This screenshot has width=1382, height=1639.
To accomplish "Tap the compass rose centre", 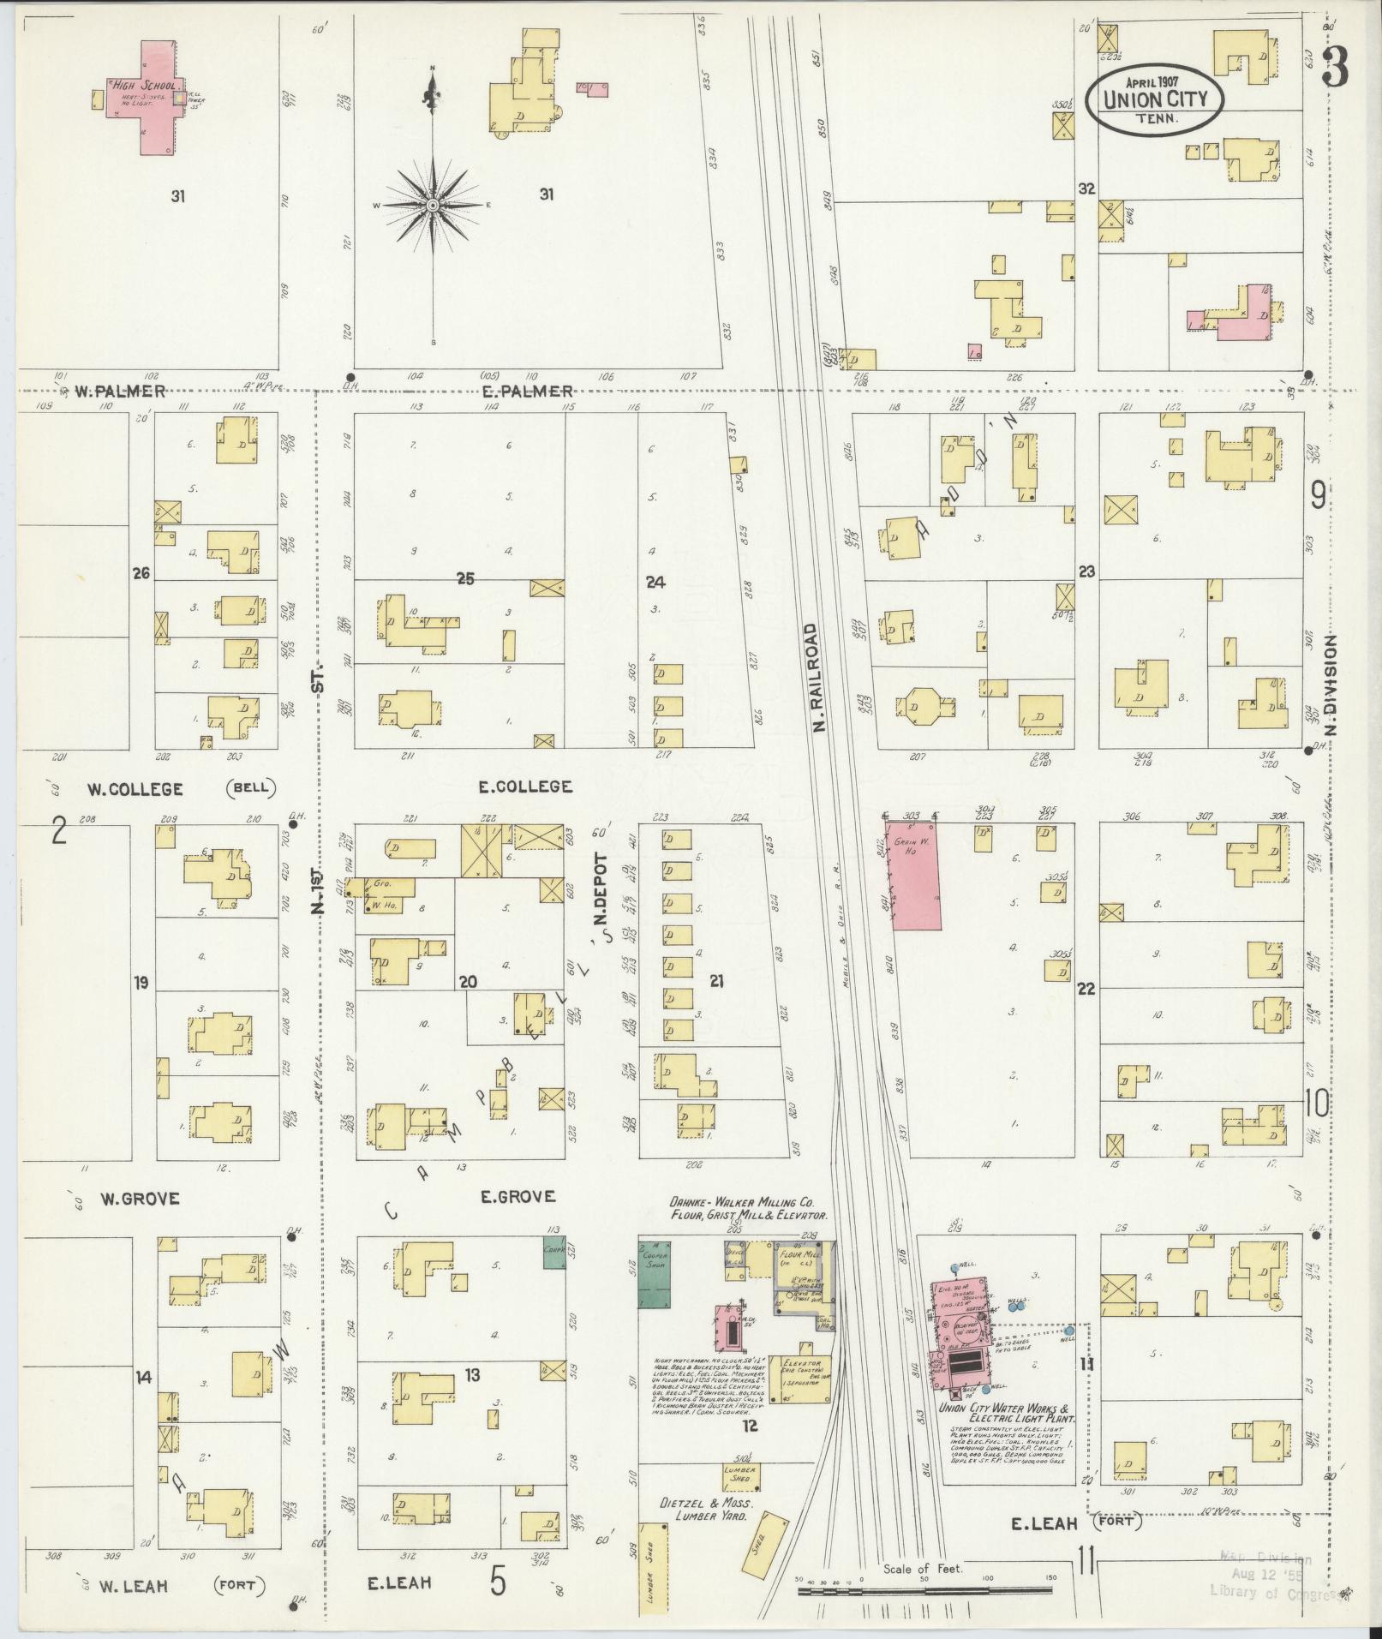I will [434, 206].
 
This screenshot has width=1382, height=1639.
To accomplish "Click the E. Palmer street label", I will [538, 392].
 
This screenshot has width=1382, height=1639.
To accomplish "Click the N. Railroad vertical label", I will [819, 677].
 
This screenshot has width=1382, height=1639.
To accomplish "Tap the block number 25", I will [465, 579].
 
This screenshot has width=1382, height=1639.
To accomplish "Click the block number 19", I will [141, 982].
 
